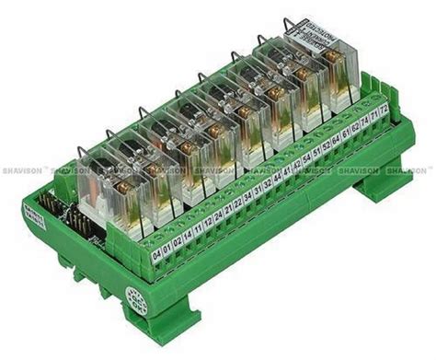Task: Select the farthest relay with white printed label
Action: coord(317,74)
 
